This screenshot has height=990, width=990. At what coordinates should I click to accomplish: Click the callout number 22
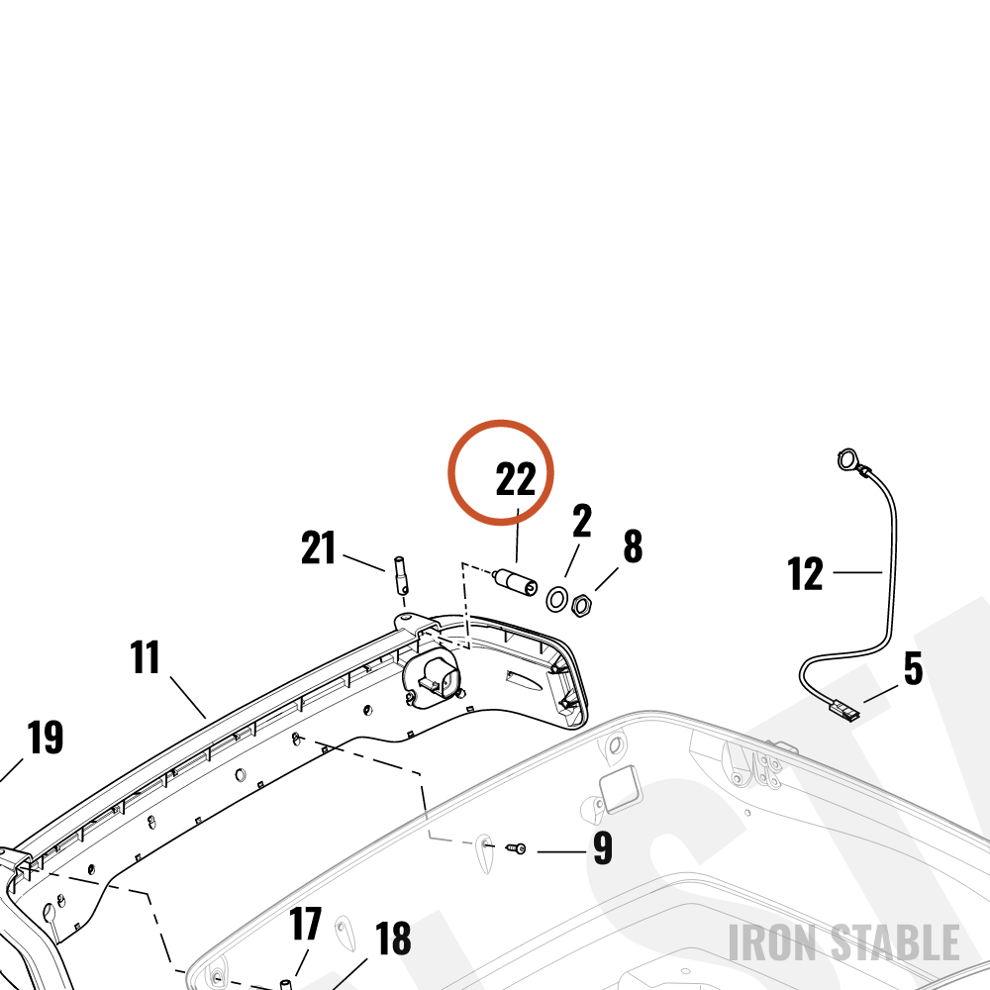click(x=516, y=479)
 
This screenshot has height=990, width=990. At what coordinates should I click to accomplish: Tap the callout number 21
click(x=318, y=547)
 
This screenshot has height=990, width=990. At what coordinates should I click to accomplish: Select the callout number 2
click(x=582, y=521)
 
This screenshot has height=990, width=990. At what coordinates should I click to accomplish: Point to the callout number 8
click(x=633, y=546)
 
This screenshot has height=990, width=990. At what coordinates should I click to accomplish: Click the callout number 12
click(x=806, y=573)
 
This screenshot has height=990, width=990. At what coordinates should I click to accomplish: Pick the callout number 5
click(x=913, y=668)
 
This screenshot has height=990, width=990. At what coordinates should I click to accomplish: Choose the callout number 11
click(x=145, y=657)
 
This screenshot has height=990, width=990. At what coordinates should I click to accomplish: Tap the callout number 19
click(x=46, y=737)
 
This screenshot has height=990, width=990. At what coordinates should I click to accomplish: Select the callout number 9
click(x=603, y=848)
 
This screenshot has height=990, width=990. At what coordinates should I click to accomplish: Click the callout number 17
click(x=306, y=925)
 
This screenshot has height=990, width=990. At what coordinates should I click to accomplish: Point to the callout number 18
click(x=393, y=939)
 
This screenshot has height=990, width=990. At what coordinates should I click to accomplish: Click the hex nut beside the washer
click(x=581, y=606)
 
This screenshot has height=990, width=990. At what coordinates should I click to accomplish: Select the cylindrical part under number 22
click(x=516, y=581)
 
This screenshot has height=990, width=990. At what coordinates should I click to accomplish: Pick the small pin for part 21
click(x=401, y=575)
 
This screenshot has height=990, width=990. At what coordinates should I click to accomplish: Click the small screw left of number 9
click(x=517, y=849)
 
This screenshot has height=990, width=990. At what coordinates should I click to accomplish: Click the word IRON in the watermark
click(x=775, y=942)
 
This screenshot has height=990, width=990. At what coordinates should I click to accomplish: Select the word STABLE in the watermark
click(x=895, y=942)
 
